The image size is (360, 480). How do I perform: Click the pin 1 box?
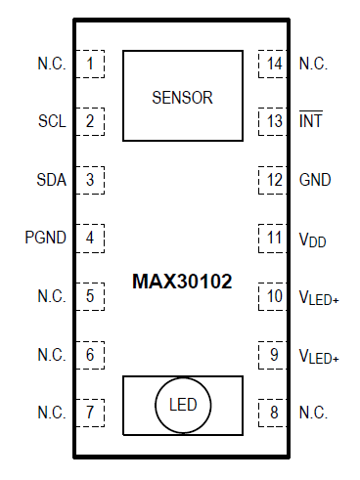(91, 65)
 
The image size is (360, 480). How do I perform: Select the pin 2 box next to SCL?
(91, 122)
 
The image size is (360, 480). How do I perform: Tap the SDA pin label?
(52, 180)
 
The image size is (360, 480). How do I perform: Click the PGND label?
(46, 238)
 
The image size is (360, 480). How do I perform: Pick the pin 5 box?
(91, 295)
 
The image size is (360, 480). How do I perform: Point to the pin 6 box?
(91, 354)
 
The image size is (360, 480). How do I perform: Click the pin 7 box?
(91, 412)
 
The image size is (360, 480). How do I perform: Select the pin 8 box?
(274, 412)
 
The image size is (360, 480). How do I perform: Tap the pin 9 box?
(274, 354)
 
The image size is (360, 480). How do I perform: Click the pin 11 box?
(274, 238)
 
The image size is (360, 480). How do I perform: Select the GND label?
(314, 180)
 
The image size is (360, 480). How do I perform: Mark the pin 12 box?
(274, 180)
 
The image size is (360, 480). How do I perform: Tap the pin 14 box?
(274, 65)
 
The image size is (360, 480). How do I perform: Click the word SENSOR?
(182, 98)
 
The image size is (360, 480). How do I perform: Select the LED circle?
(182, 404)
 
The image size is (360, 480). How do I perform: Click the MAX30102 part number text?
(182, 282)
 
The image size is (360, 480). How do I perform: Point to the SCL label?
(52, 122)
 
